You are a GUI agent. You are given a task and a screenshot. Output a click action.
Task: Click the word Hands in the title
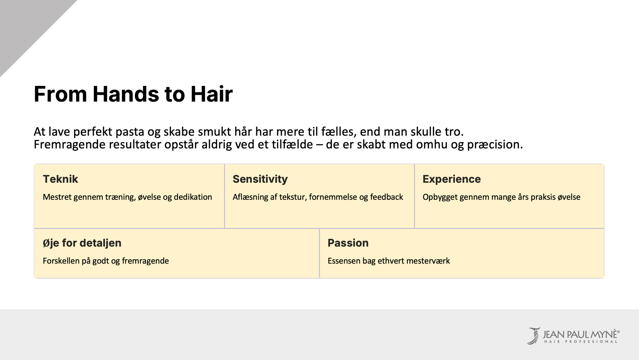click(126, 94)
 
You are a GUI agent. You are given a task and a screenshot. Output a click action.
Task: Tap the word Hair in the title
click(212, 94)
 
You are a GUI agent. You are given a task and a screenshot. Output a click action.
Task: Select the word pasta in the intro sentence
click(130, 132)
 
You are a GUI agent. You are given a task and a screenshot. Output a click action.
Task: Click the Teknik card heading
click(60, 179)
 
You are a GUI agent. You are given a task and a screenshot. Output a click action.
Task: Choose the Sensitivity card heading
click(260, 179)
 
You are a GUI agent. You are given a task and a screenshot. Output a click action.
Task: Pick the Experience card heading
click(451, 179)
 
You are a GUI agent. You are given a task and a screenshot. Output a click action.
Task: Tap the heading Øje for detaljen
click(82, 243)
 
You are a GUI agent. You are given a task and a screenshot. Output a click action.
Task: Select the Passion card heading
click(348, 243)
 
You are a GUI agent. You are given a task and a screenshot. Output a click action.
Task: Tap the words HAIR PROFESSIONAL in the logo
click(581, 342)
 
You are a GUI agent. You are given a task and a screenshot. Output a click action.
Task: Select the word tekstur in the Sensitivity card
click(293, 197)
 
